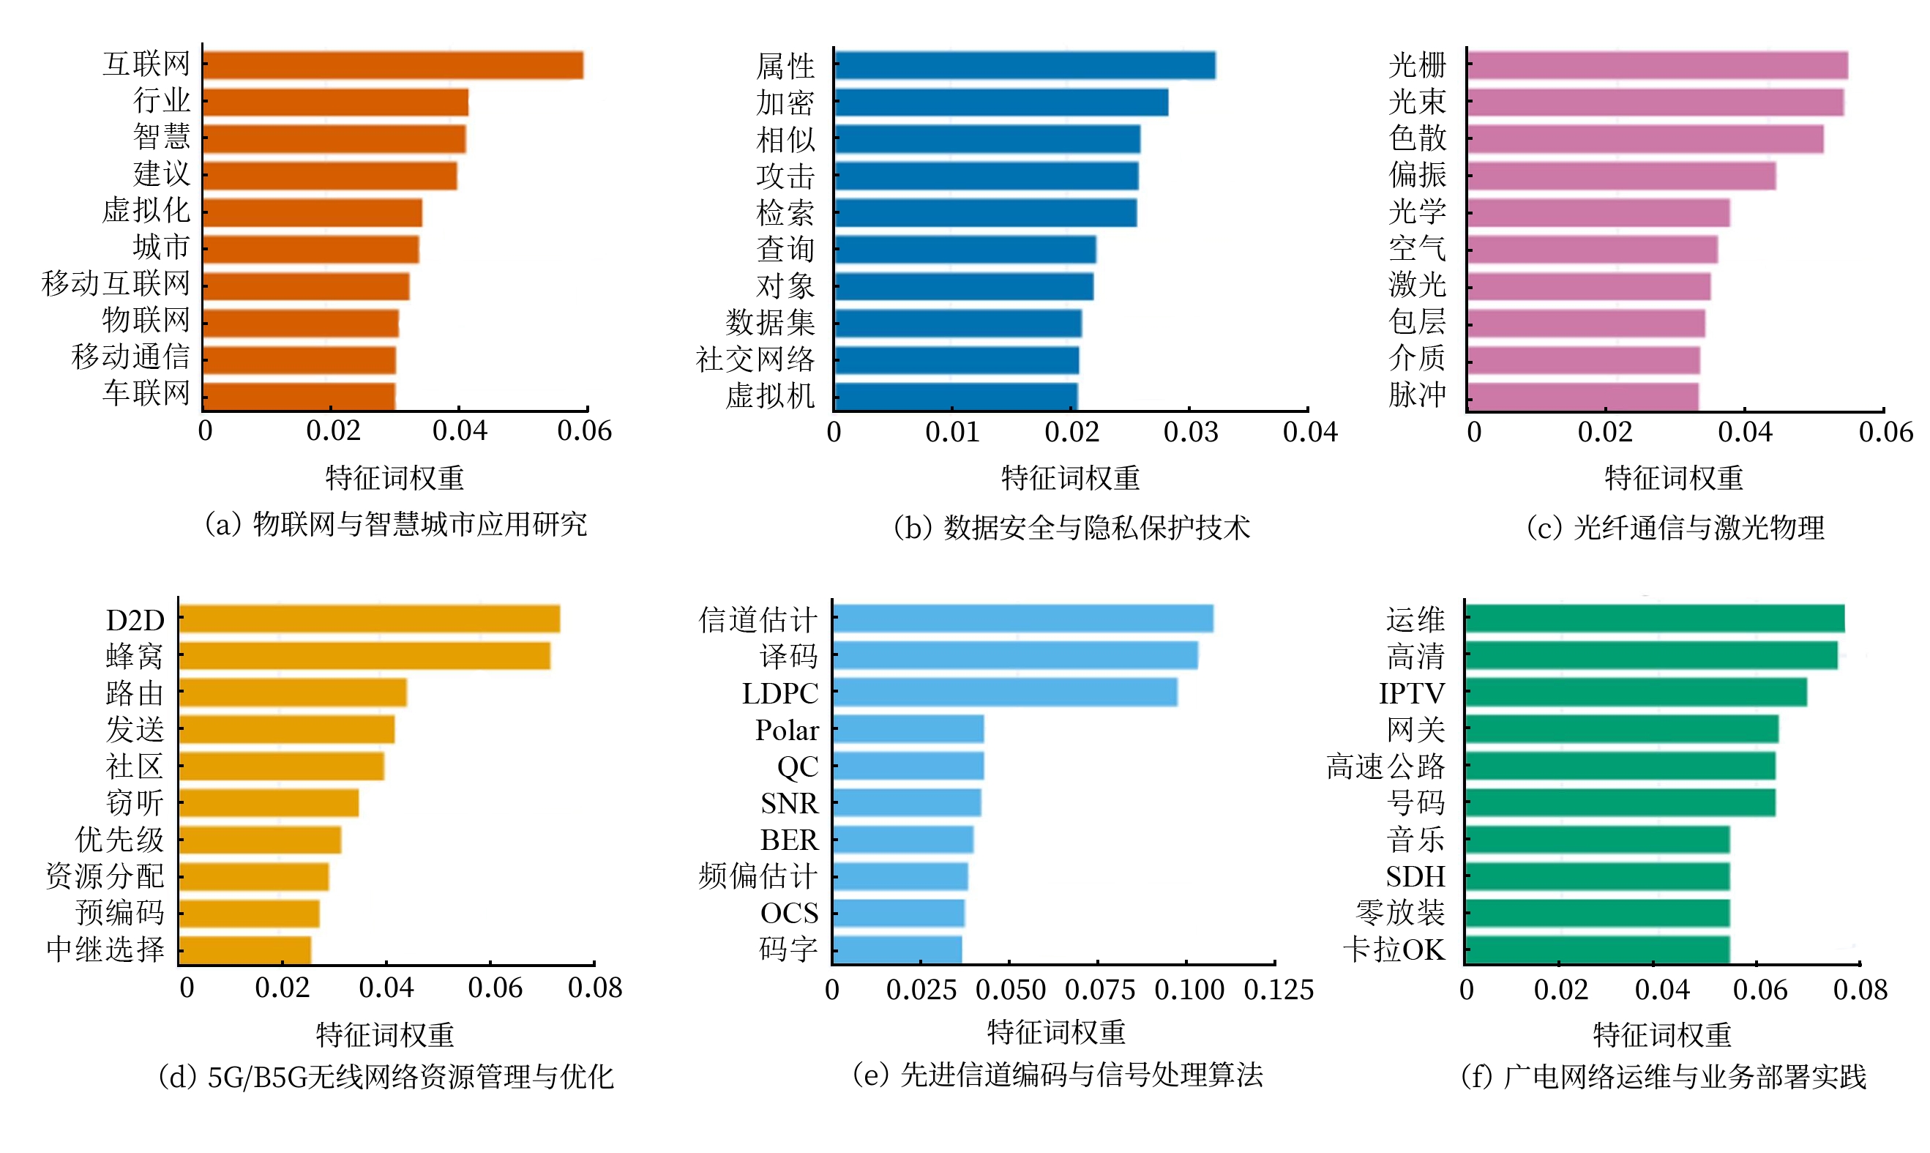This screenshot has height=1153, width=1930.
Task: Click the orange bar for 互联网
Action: [393, 65]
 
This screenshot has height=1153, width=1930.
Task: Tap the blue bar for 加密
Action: [1001, 102]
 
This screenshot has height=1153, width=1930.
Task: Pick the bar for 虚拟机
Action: [956, 396]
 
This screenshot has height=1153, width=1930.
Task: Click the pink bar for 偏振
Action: [1621, 176]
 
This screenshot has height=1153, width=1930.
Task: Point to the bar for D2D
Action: [370, 619]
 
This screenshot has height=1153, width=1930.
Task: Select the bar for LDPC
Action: [1005, 693]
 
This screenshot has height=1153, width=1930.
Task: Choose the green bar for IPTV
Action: [1636, 693]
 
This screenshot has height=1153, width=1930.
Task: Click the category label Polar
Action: [787, 731]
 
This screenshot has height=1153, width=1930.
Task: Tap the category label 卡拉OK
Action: [1394, 949]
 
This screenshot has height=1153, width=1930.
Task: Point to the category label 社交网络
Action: [755, 359]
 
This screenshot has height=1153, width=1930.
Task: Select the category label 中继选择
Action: [105, 949]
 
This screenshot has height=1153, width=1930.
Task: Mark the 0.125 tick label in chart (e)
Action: [1279, 990]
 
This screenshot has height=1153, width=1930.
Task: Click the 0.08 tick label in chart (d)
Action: [595, 988]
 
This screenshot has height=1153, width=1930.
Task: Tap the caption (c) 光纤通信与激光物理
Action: [1675, 529]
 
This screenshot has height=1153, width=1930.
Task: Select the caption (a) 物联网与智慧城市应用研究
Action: [395, 525]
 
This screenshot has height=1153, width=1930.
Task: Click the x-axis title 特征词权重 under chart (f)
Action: [1662, 1035]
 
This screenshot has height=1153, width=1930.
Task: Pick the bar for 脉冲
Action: [1583, 396]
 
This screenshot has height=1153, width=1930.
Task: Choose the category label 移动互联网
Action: [116, 283]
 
